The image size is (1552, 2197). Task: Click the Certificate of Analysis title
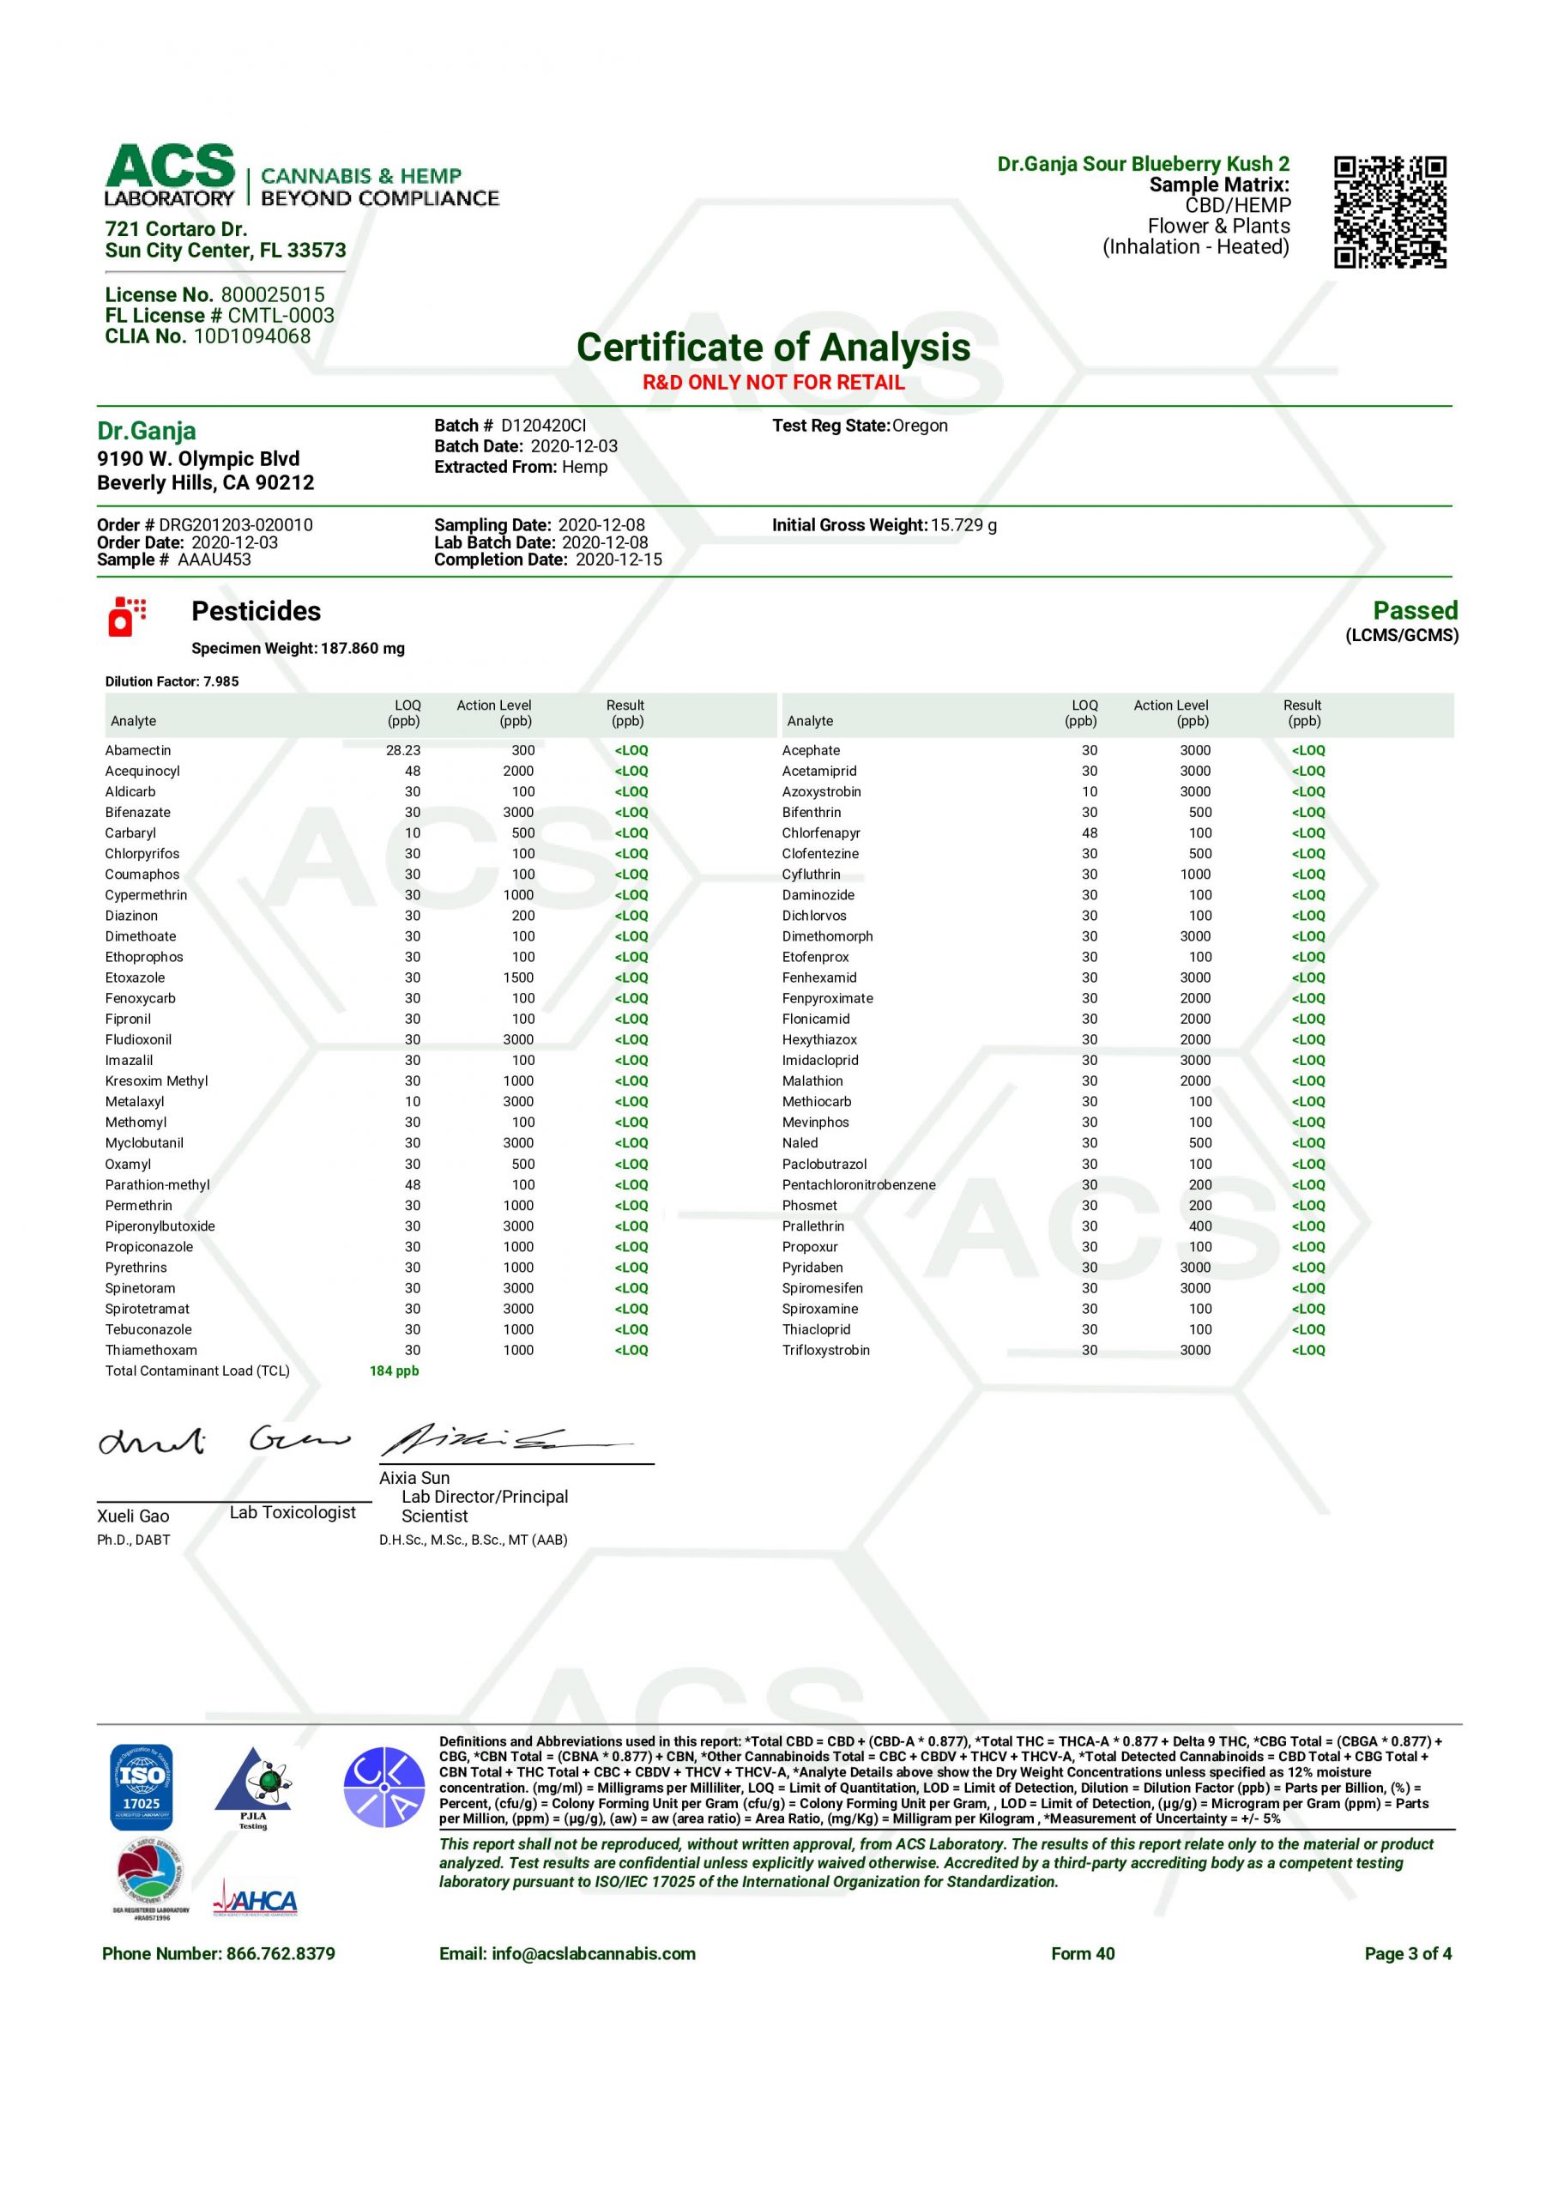pyautogui.click(x=773, y=347)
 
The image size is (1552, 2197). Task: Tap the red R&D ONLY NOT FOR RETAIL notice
pyautogui.click(x=773, y=383)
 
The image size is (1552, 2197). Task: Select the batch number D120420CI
pyautogui.click(x=543, y=426)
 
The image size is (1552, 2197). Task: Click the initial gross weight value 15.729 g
pyautogui.click(x=963, y=525)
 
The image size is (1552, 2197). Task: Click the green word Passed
pyautogui.click(x=1414, y=610)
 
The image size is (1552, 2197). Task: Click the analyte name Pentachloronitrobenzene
pyautogui.click(x=858, y=1184)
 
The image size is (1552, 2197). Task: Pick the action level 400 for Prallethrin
pyautogui.click(x=1200, y=1226)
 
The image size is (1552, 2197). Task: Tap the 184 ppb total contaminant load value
pyautogui.click(x=394, y=1371)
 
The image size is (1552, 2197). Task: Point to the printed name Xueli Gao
pyautogui.click(x=133, y=1516)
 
